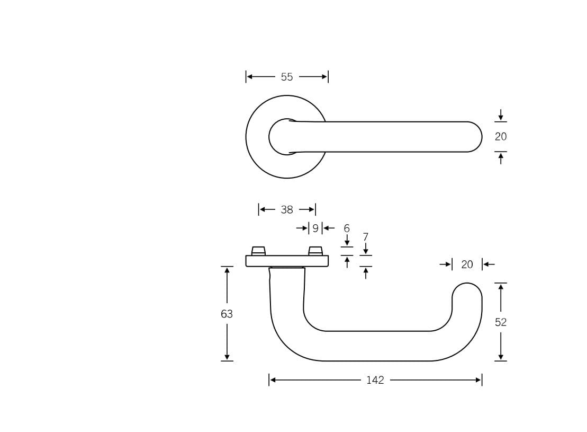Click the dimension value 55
pyautogui.click(x=287, y=77)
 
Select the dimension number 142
pyautogui.click(x=375, y=380)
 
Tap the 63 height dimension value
pyautogui.click(x=227, y=314)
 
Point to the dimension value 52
pyautogui.click(x=501, y=322)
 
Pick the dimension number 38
pyautogui.click(x=287, y=210)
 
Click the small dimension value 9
pyautogui.click(x=315, y=228)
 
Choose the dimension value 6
pyautogui.click(x=347, y=228)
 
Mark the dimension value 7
pyautogui.click(x=365, y=237)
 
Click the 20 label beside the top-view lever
pyautogui.click(x=501, y=137)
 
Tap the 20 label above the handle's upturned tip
pyautogui.click(x=467, y=265)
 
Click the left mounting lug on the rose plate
pyautogui.click(x=258, y=251)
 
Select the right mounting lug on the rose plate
pyautogui.click(x=315, y=251)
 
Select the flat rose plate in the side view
pyautogui.click(x=287, y=261)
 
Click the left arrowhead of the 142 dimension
pyautogui.click(x=273, y=380)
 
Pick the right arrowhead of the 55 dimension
pyautogui.click(x=324, y=77)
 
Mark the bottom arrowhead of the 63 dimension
pyautogui.click(x=227, y=357)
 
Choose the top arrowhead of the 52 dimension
pyautogui.click(x=501, y=287)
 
